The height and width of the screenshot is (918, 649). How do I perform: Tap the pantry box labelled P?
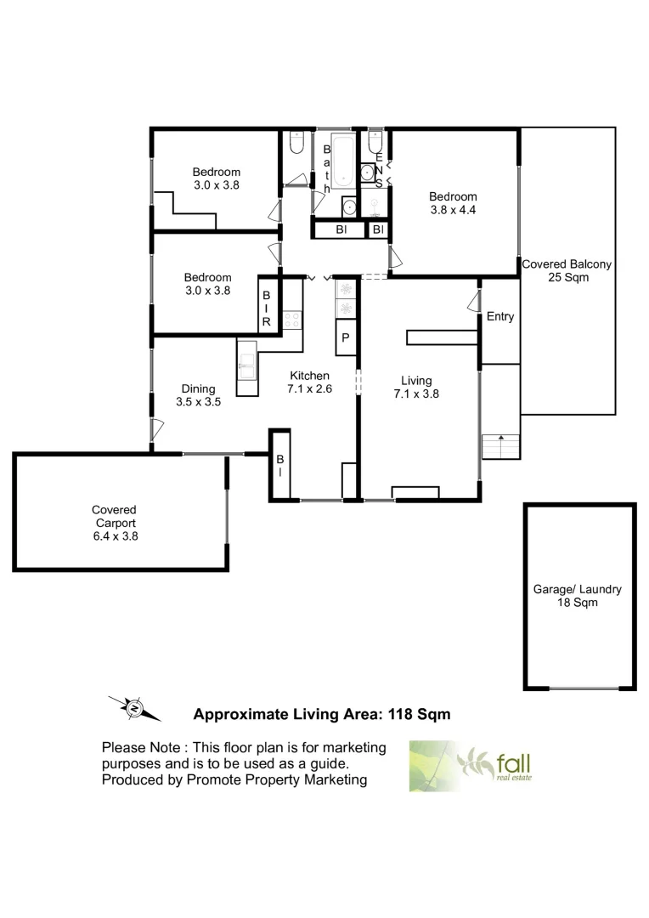click(x=346, y=338)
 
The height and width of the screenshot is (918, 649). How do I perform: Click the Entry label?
click(x=500, y=317)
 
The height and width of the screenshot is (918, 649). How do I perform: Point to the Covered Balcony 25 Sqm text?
click(x=567, y=271)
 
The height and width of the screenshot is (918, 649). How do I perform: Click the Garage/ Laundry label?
click(x=578, y=595)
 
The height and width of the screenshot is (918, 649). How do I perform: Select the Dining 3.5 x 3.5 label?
click(x=198, y=396)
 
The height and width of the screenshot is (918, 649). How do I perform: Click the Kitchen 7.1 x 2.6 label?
click(x=309, y=382)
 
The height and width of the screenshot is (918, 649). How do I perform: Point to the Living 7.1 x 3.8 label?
click(x=416, y=387)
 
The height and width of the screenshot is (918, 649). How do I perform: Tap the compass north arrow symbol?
click(x=134, y=707)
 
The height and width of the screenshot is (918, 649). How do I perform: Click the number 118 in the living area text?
click(x=402, y=715)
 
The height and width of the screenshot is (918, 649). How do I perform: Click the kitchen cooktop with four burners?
click(x=292, y=319)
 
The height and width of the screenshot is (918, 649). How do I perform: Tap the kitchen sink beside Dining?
click(x=247, y=366)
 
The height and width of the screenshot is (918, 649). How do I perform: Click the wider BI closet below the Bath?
click(x=341, y=229)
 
